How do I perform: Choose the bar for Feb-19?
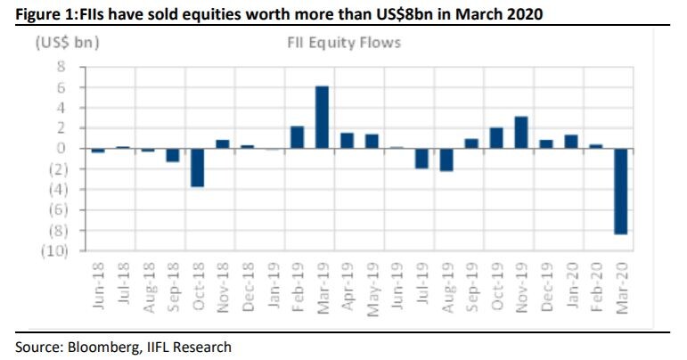point(298,136)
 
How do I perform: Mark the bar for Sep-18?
point(173,155)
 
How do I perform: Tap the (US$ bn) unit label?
point(66,42)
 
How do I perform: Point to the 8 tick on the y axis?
point(61,67)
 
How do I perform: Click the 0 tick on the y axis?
point(61,149)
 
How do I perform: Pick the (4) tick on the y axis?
point(57,190)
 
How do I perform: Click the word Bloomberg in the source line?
point(96,347)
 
